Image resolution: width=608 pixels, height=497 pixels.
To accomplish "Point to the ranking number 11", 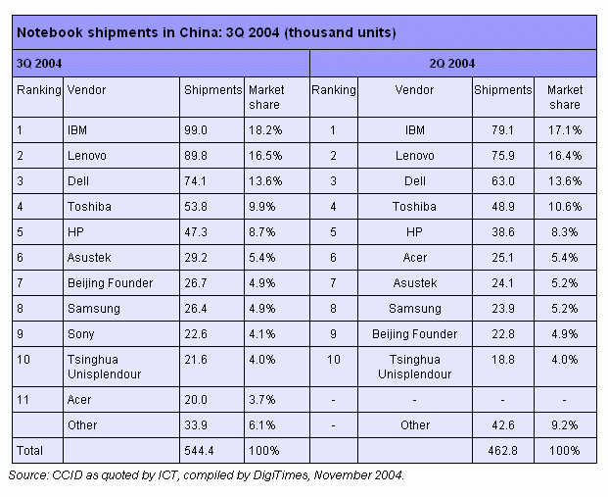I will [x=23, y=400].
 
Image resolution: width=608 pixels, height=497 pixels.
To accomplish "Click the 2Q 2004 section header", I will [x=452, y=64].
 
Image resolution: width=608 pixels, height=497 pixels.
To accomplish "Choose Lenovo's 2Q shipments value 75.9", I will [x=490, y=155].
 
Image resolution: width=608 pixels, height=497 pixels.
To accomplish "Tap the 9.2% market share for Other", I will [x=564, y=425].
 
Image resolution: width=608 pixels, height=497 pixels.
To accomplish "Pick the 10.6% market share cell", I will [x=564, y=206].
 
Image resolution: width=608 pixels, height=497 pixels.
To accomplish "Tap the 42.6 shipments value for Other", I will [x=490, y=425].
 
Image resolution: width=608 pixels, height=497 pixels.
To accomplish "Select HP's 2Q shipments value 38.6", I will [x=490, y=231].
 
